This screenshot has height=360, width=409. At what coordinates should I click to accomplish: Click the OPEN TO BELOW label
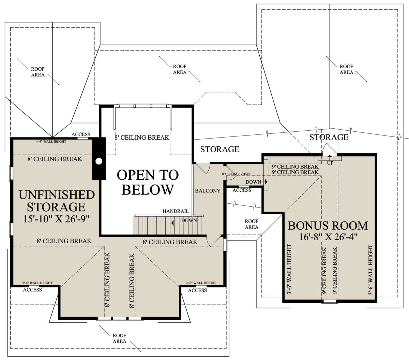click(148, 182)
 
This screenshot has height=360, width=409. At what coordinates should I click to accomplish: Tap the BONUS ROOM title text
click(328, 226)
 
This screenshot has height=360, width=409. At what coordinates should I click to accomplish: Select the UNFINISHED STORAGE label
click(57, 201)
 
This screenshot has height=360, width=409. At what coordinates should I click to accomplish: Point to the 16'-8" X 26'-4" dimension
click(328, 237)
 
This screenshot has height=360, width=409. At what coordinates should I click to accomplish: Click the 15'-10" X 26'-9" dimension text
click(56, 219)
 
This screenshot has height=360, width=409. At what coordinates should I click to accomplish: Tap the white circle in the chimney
click(99, 161)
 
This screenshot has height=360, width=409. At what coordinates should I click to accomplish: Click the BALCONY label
click(208, 191)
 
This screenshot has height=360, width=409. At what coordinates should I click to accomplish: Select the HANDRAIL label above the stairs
click(176, 211)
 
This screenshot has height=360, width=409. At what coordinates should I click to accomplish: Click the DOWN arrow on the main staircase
click(187, 223)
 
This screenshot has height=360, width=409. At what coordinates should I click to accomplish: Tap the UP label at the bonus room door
click(330, 163)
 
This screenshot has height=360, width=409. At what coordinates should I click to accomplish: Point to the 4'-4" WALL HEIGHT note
click(51, 142)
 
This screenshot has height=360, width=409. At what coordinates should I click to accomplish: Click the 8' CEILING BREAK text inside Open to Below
click(142, 138)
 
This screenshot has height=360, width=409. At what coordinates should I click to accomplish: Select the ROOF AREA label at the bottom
click(120, 339)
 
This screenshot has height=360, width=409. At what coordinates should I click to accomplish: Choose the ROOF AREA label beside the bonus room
click(252, 225)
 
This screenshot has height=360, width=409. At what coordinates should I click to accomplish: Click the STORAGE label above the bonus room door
click(329, 137)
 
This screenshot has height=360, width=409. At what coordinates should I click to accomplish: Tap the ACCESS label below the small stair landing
click(242, 190)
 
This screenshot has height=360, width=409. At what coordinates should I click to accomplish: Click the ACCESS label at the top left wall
click(81, 134)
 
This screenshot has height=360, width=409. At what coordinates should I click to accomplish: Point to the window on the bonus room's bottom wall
click(329, 301)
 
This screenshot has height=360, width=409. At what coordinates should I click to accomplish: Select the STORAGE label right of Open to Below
click(219, 149)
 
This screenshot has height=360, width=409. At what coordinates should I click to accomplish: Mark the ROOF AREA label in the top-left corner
click(38, 72)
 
